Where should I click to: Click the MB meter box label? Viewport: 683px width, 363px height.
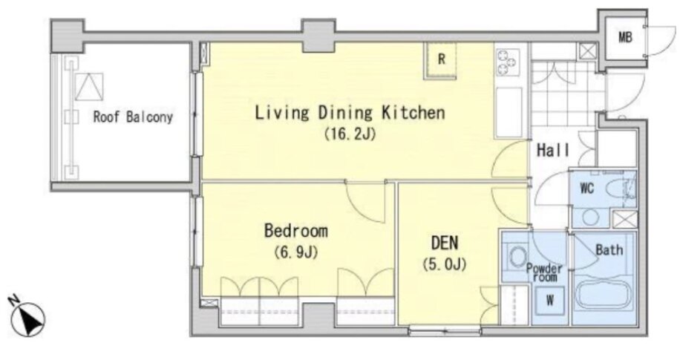coord(625,38)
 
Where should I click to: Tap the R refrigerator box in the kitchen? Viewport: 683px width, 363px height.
coord(440,61)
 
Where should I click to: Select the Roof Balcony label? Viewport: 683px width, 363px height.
coord(133,117)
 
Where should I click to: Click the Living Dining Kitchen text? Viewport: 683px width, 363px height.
coord(350,113)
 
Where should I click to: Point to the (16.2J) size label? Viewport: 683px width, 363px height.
coord(350,134)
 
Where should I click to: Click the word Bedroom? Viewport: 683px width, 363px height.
coord(295,231)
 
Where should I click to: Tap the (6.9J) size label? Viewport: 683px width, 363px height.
coord(295,252)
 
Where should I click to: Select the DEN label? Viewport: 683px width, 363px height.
coord(444,243)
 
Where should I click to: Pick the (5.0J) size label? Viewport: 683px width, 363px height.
coord(444,264)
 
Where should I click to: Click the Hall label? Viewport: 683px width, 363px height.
coord(553,151)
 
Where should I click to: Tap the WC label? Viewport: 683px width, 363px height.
coord(586,189)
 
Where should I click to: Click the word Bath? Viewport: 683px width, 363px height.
coord(609,250)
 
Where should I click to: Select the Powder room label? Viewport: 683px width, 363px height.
coord(544,272)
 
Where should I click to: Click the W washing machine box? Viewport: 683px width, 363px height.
coord(549,300)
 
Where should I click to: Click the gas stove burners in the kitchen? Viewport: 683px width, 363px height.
coord(509,61)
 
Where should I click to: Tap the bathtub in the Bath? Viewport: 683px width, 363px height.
coord(604,295)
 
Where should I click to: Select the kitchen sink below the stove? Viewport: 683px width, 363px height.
coord(509,112)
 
